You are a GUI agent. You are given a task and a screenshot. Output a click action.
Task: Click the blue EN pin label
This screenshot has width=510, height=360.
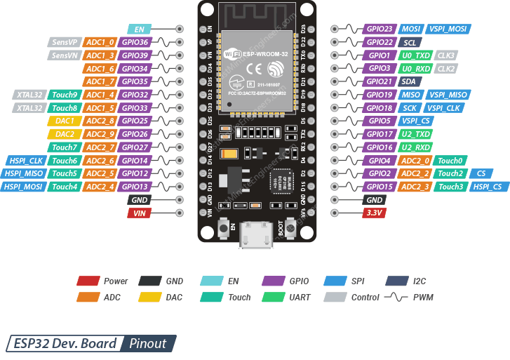pyautogui.click(x=139, y=29)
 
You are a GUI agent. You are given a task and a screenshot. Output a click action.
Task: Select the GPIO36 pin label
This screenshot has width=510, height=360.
pyautogui.click(x=135, y=42)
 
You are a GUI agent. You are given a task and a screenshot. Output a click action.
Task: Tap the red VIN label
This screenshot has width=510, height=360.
pyautogui.click(x=139, y=213)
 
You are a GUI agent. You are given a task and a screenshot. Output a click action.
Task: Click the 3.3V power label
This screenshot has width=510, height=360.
pyautogui.click(x=373, y=213)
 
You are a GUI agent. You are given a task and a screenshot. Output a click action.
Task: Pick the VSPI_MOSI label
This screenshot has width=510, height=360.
pyautogui.click(x=447, y=29)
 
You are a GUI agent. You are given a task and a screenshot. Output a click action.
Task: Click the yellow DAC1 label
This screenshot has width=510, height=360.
pyautogui.click(x=65, y=121)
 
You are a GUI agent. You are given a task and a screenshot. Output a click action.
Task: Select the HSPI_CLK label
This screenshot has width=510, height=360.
pyautogui.click(x=25, y=160)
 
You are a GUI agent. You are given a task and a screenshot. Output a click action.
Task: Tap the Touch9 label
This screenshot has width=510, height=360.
pyautogui.click(x=65, y=95)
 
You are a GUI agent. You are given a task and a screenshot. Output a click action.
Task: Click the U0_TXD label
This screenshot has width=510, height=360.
pyautogui.click(x=415, y=55)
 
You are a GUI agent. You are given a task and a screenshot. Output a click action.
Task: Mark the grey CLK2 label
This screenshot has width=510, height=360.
pyautogui.click(x=446, y=69)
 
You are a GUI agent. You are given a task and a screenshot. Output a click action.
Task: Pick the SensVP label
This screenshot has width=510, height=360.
pyautogui.click(x=65, y=42)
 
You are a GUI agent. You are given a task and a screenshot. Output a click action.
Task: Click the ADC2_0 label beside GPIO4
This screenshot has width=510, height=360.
pyautogui.click(x=415, y=160)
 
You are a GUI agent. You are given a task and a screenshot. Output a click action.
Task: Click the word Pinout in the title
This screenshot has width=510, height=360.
pyautogui.click(x=147, y=344)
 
